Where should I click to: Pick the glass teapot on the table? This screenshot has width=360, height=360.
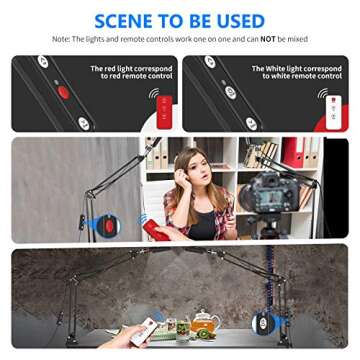[x=205, y=322]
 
